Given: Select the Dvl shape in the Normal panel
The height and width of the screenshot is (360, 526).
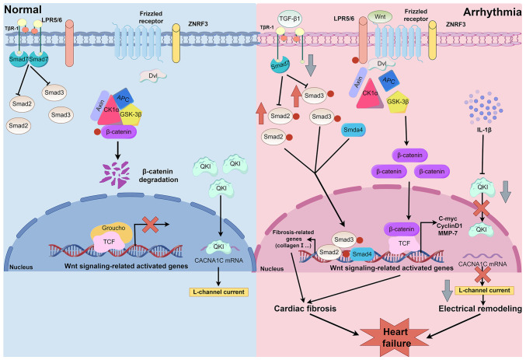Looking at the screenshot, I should click(x=151, y=75).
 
